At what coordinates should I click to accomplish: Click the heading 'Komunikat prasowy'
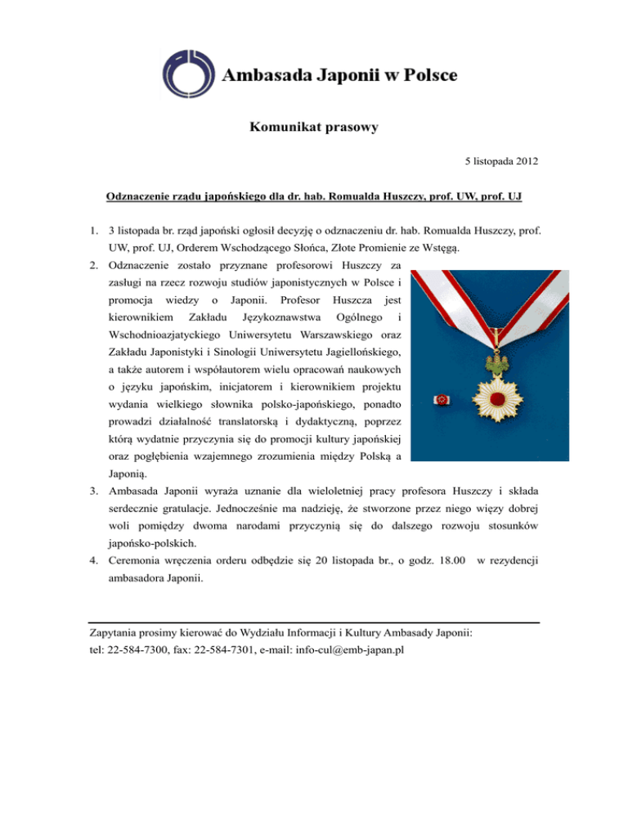pos(314,128)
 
